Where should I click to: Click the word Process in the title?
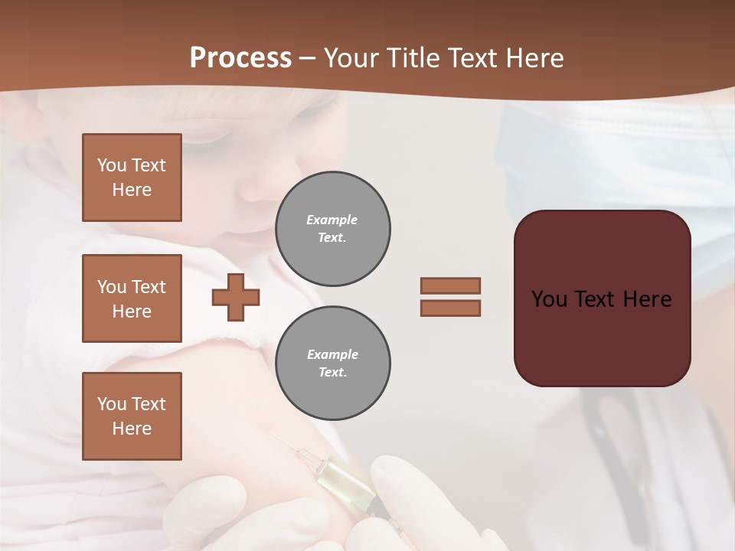click(x=240, y=58)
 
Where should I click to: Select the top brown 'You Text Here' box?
click(x=132, y=178)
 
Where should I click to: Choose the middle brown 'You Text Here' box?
click(x=132, y=298)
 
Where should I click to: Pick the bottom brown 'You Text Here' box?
click(x=132, y=416)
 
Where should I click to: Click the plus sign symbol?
click(x=236, y=297)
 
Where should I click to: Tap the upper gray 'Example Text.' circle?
click(x=332, y=229)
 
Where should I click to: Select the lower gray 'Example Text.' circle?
click(x=332, y=364)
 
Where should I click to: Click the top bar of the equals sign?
click(x=450, y=285)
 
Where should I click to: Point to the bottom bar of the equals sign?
click(x=450, y=308)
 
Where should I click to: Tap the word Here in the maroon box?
click(x=647, y=299)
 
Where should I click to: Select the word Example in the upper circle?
click(x=332, y=220)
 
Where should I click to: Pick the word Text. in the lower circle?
click(x=332, y=373)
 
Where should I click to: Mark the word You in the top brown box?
click(x=111, y=165)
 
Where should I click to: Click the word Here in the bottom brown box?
click(x=132, y=429)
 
